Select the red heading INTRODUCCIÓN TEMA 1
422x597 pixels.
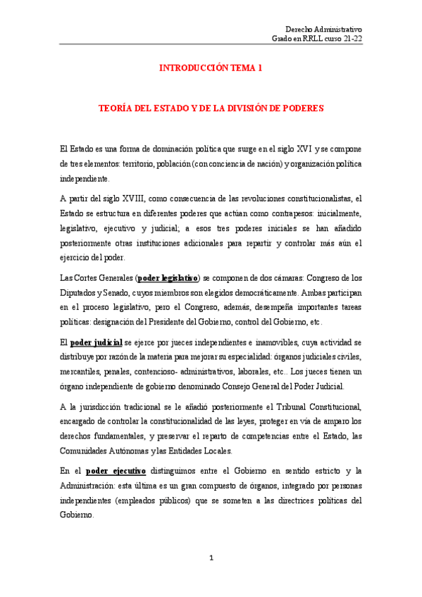click(x=211, y=68)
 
